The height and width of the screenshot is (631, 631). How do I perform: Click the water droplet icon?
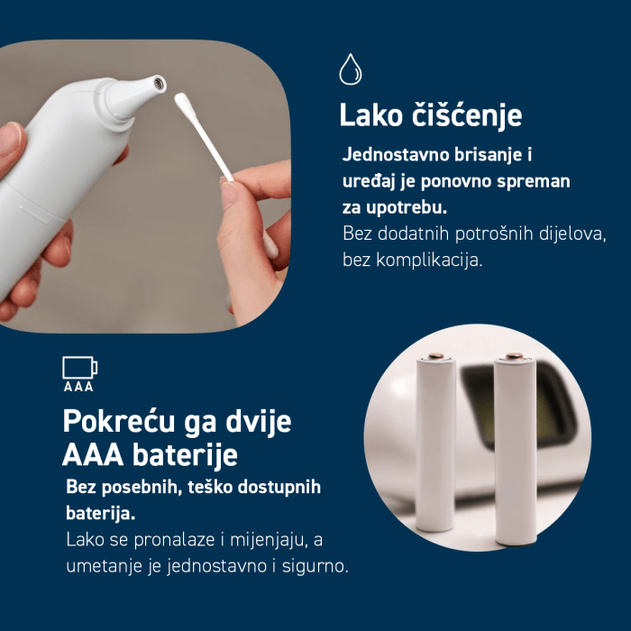coord(350,69)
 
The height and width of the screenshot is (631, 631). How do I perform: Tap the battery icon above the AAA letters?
coord(79,368)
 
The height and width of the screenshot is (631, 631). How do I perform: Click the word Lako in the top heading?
coord(370,115)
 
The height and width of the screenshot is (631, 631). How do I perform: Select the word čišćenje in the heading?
coord(467,115)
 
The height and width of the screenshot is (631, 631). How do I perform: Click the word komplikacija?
coord(429,260)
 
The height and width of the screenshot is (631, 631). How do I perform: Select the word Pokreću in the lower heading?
coord(119,422)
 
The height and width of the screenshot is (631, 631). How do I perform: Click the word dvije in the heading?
coord(258,422)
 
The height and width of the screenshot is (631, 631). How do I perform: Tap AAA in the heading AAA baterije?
coord(93,455)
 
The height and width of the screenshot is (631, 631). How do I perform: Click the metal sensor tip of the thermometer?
coord(159,84)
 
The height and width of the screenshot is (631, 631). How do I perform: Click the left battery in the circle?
coord(435,443)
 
